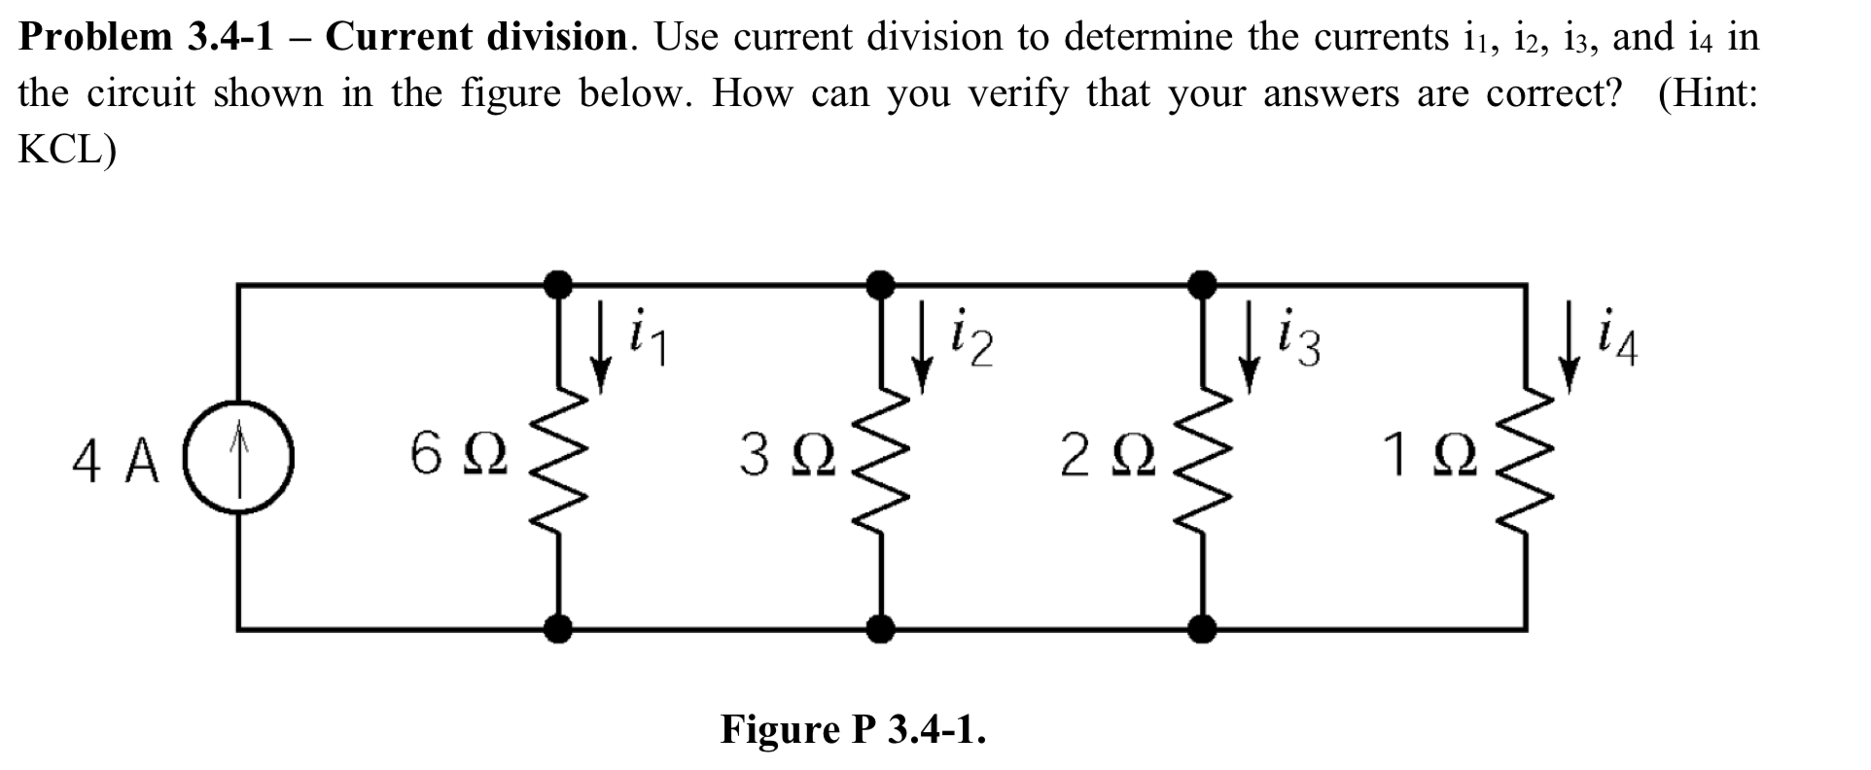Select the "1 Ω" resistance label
(x=1430, y=455)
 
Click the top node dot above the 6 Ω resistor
(x=557, y=285)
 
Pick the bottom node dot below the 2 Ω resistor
(x=1204, y=629)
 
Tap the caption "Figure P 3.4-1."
(x=853, y=728)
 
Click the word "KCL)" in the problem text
(x=67, y=151)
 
